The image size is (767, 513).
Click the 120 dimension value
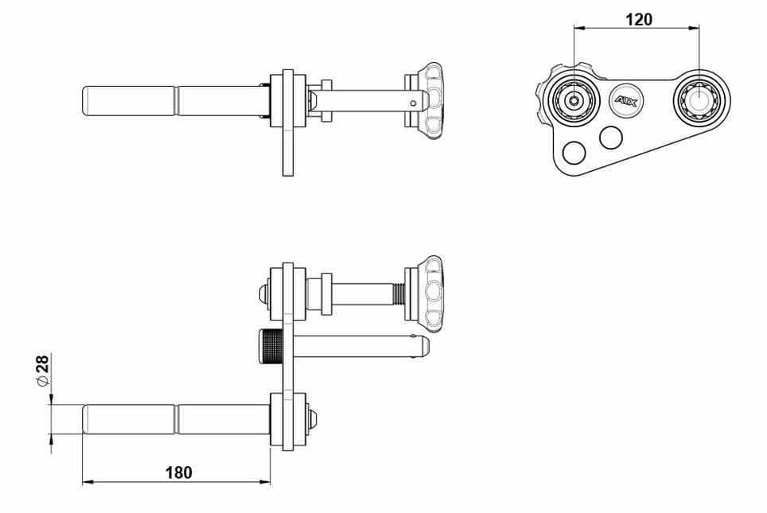pos(639,20)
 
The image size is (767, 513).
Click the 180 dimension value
pos(178,473)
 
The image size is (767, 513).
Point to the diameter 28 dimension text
pos(42,370)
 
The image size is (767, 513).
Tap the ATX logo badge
pos(625,101)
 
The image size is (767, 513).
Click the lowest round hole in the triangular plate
pos(574,153)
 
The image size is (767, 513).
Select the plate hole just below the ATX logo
pos(611,138)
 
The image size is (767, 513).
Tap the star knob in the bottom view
pos(430,294)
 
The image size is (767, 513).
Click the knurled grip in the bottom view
pos(271,347)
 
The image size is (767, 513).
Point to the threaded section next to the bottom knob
pos(399,294)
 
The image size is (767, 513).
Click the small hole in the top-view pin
pos(414,103)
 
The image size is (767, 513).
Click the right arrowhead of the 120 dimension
pos(693,28)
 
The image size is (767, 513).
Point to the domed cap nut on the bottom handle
pos(313,419)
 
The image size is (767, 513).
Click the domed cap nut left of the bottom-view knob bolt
pos(264,294)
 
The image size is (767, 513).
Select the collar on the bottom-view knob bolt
pos(326,294)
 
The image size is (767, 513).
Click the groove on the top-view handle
pos(177,101)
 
